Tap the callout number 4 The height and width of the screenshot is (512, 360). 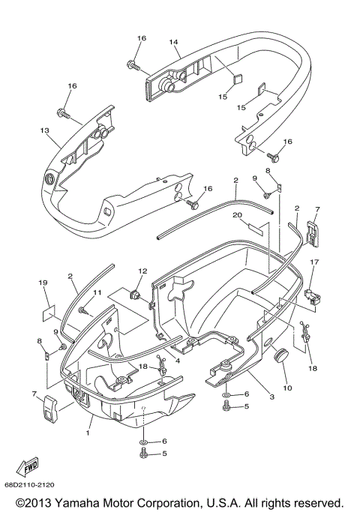tap(178, 361)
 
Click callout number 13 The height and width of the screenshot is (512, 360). tap(44, 130)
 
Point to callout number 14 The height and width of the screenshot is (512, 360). tap(173, 43)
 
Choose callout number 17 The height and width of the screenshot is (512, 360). tap(316, 262)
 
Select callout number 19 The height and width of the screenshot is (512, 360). tap(43, 282)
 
